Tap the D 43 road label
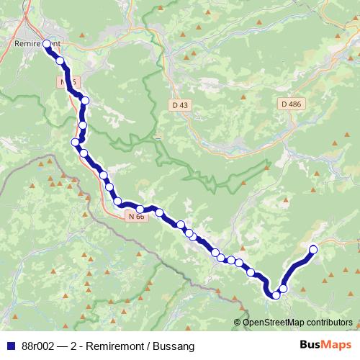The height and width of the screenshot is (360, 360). tap(180, 105)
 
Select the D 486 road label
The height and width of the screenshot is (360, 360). tap(291, 104)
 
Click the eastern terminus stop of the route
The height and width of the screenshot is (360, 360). tap(313, 250)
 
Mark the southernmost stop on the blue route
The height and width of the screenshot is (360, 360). tap(276, 294)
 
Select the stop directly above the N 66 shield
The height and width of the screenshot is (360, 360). tap(140, 209)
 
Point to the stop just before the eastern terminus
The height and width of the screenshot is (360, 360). tap(283, 289)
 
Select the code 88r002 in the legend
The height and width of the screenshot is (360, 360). tap(39, 346)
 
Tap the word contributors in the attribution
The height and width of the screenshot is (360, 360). tap(327, 322)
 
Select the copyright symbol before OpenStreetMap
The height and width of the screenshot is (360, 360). tap(238, 322)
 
